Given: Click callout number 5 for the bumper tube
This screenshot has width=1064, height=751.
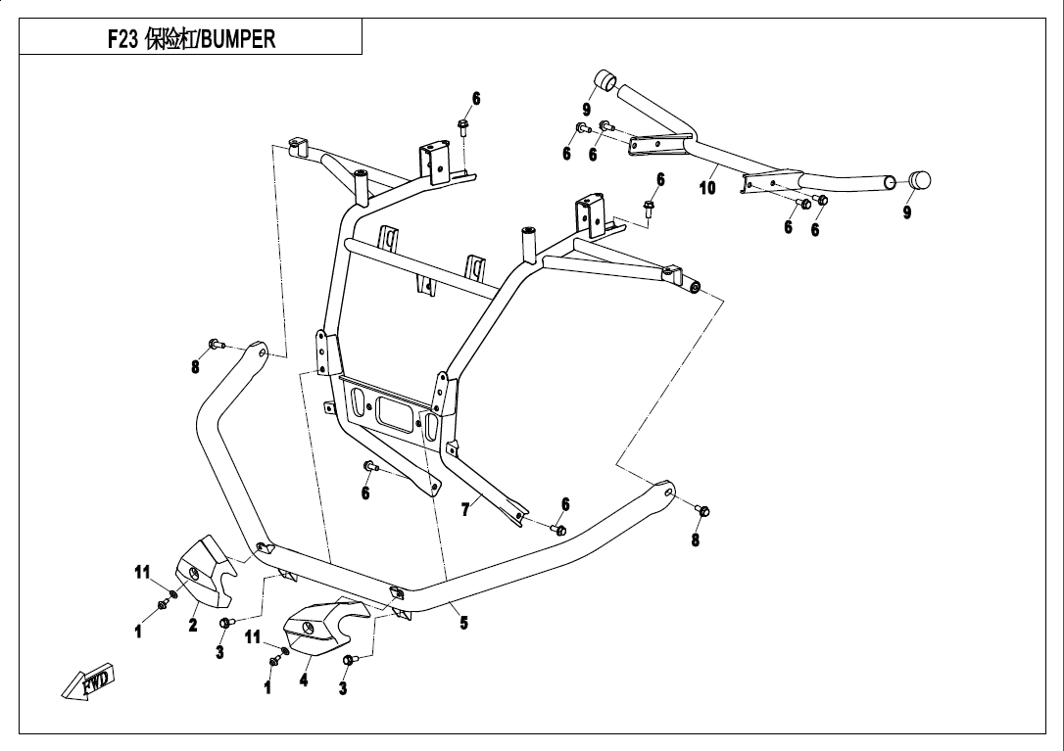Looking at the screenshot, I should click(463, 623).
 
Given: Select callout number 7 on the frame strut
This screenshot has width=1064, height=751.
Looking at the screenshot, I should click(465, 509).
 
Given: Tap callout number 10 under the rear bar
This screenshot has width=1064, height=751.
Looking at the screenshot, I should click(707, 188).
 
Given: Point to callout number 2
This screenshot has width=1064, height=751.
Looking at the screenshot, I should click(193, 624).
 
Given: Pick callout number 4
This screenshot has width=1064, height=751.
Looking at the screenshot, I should click(304, 680).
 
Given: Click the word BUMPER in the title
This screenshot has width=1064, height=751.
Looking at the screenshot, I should click(238, 39).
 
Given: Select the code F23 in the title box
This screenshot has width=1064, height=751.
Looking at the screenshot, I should click(123, 39).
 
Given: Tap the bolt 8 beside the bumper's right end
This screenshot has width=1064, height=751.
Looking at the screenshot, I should click(701, 510).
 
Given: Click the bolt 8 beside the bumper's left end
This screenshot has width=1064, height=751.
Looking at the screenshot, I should click(216, 345).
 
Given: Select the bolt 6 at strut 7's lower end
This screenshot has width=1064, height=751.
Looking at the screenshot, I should click(558, 530).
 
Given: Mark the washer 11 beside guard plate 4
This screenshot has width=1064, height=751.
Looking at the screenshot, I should click(285, 651).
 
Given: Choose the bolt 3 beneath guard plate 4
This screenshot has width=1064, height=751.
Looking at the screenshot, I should click(348, 662).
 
